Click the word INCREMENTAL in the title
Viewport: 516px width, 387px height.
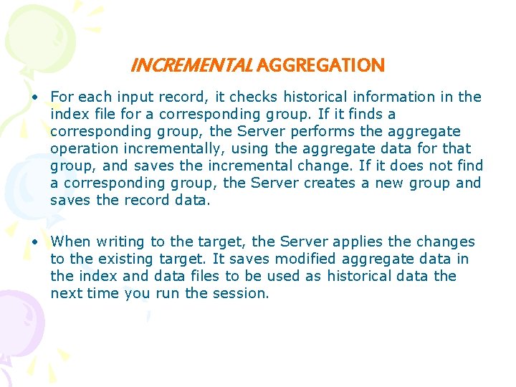click(191, 66)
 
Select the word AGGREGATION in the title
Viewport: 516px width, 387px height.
click(320, 66)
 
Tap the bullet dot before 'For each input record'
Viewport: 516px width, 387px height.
click(34, 97)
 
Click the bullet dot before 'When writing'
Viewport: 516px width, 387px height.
click(34, 242)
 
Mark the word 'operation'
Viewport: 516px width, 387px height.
click(81, 148)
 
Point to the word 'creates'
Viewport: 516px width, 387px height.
click(330, 183)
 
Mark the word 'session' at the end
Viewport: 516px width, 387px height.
click(242, 293)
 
